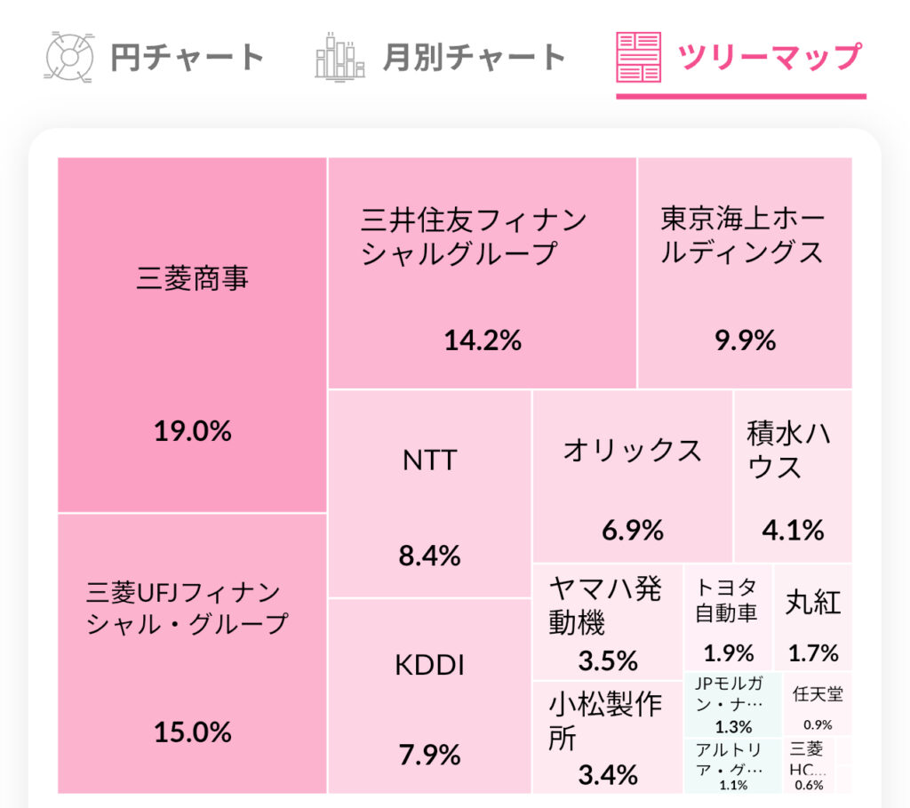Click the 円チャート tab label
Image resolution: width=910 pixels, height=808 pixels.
[188, 58]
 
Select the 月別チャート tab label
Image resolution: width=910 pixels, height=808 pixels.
[474, 58]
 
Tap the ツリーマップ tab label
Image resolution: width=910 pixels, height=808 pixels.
[770, 58]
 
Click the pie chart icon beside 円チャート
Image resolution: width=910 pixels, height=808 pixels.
[69, 58]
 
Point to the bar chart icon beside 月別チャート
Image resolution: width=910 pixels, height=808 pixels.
[339, 57]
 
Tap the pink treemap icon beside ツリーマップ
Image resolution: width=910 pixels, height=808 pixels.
[638, 57]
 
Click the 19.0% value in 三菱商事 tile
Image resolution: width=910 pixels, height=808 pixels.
[193, 431]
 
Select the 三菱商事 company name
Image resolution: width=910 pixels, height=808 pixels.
[193, 278]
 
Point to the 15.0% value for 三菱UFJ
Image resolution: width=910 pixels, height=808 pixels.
[193, 732]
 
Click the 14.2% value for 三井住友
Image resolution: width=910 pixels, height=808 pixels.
[482, 340]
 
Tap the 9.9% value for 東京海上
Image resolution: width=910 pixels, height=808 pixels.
[745, 340]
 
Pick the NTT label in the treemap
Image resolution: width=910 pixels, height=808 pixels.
[429, 460]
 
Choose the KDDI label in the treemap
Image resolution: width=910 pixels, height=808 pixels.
[429, 666]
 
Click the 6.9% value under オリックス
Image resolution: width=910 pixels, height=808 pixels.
[632, 531]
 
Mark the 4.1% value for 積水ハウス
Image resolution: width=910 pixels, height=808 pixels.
[793, 531]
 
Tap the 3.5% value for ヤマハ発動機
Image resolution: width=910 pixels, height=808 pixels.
[608, 661]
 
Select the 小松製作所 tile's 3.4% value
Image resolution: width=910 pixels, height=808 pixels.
[608, 774]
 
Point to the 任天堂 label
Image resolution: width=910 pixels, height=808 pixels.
[818, 694]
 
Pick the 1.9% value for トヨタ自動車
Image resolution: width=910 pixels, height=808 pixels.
[729, 653]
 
